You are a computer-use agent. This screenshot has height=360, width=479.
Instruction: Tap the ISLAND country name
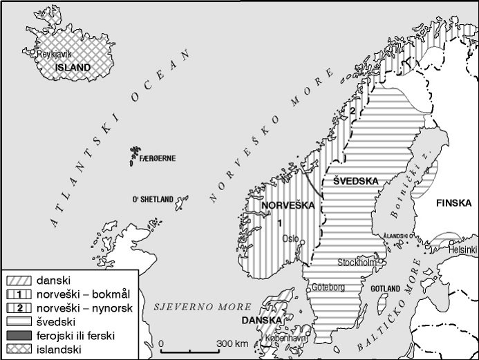pyautogui.click(x=74, y=67)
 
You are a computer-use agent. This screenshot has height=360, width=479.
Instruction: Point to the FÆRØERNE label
pyautogui.click(x=158, y=158)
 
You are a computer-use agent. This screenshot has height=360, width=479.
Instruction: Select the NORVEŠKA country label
pyautogui.click(x=284, y=205)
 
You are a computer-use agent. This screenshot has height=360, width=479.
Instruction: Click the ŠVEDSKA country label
pyautogui.click(x=355, y=181)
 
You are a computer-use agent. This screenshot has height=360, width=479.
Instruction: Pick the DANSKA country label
pyautogui.click(x=261, y=321)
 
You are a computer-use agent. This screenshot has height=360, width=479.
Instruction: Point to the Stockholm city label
pyautogui.click(x=357, y=263)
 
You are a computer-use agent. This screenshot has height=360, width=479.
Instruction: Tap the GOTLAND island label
pyautogui.click(x=386, y=288)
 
